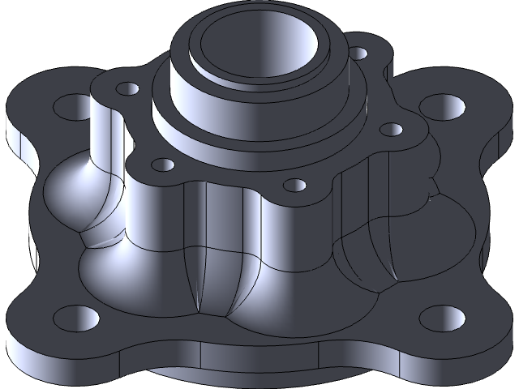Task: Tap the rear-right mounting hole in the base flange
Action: [x=439, y=105]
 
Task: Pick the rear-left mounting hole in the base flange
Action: [x=66, y=105]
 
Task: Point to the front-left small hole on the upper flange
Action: [x=163, y=165]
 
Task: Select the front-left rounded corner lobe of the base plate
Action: [x=41, y=324]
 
